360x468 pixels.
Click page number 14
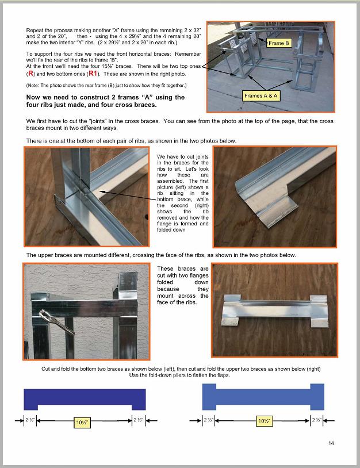coord(331,443)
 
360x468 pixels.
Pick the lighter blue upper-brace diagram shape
coord(263,398)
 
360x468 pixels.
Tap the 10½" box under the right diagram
coord(264,420)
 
